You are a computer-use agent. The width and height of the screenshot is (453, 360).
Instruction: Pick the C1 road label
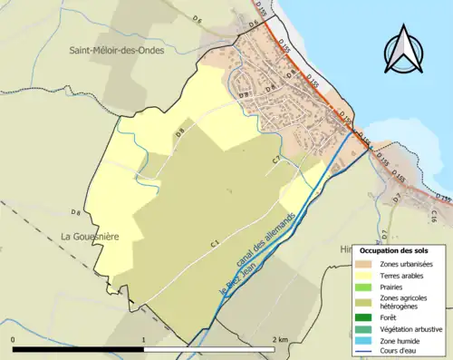[x=216, y=243]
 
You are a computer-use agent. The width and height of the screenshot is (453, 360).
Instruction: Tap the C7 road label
[x=277, y=161]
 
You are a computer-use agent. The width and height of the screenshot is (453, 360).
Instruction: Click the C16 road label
[x=434, y=216]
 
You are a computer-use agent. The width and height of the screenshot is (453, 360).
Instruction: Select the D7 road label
[x=396, y=199]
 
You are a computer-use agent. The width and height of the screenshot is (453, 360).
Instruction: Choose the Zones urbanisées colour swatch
[x=366, y=263]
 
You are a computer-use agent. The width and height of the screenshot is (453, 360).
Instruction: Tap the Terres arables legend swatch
[x=366, y=275]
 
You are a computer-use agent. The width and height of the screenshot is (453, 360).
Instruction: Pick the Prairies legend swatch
[x=366, y=287]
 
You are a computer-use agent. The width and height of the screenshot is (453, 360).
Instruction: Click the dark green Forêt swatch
[x=366, y=317]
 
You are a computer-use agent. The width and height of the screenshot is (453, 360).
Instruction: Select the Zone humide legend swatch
[x=366, y=340]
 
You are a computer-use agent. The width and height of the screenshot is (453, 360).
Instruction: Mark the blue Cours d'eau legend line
[x=366, y=351]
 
